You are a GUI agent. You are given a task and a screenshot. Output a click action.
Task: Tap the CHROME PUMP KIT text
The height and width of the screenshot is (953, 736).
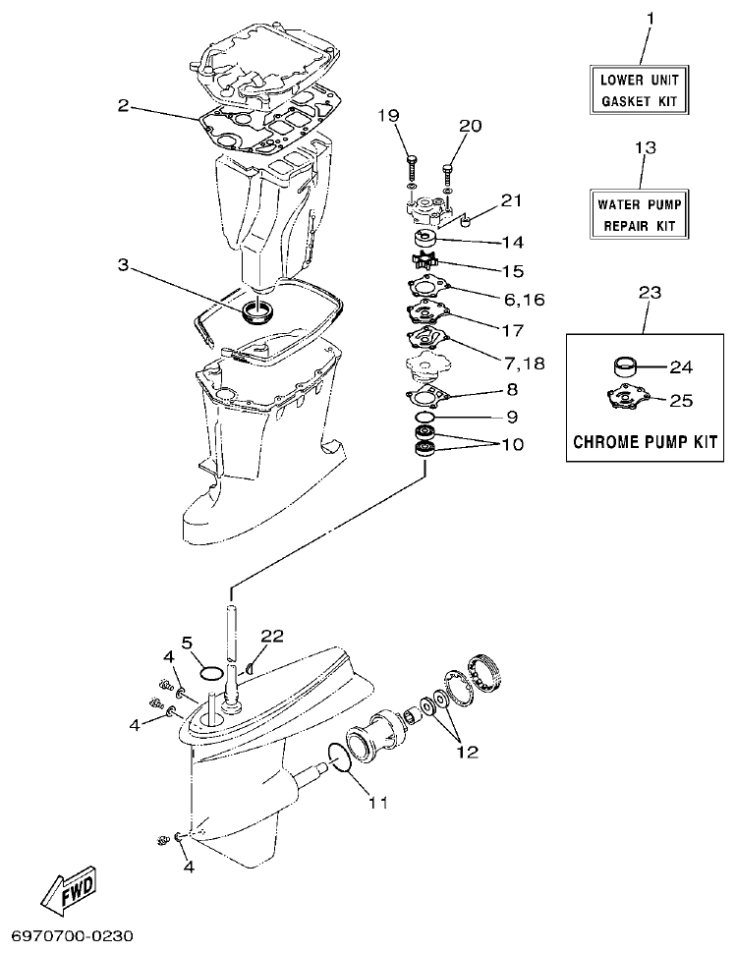(x=645, y=441)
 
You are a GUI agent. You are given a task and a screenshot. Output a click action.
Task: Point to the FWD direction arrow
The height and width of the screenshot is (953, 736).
(x=68, y=890)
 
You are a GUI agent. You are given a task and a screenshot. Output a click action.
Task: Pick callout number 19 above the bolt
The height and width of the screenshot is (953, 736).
(x=389, y=117)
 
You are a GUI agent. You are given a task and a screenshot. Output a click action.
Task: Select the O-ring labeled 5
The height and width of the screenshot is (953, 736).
(x=209, y=673)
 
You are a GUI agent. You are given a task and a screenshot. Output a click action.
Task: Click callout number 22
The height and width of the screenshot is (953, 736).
(x=272, y=636)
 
